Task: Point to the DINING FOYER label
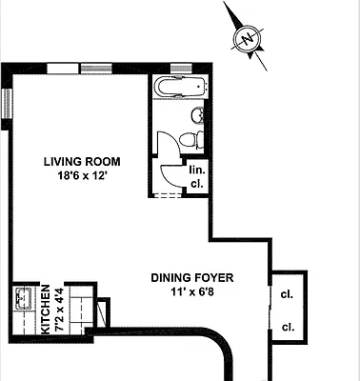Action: pyautogui.click(x=193, y=278)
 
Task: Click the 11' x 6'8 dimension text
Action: pyautogui.click(x=193, y=294)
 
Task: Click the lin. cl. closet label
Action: pyautogui.click(x=197, y=176)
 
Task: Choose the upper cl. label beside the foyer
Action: pyautogui.click(x=287, y=293)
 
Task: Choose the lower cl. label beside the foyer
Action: pyautogui.click(x=287, y=327)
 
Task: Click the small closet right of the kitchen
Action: pyautogui.click(x=103, y=311)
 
